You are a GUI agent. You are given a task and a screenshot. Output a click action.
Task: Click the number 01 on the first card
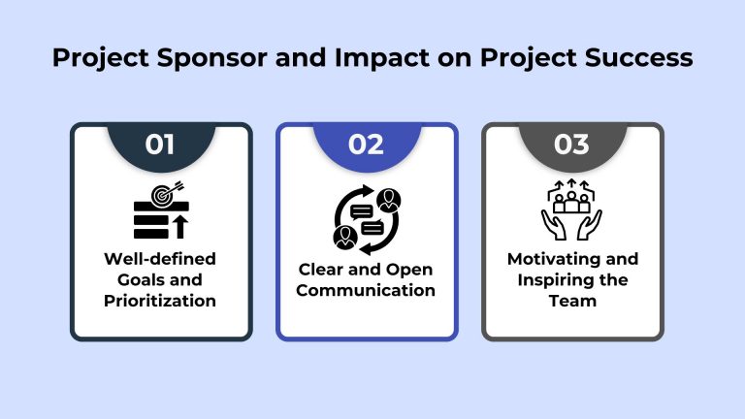160,145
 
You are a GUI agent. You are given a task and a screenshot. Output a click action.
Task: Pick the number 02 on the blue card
367,145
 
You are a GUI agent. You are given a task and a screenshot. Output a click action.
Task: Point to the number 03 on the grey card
571,145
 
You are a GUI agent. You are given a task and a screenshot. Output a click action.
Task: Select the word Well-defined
161,259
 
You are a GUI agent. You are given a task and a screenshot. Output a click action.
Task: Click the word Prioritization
161,300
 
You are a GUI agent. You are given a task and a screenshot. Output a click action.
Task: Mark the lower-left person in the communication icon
344,236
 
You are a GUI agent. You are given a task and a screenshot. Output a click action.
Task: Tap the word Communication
367,290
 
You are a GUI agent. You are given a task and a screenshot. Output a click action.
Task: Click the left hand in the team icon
552,224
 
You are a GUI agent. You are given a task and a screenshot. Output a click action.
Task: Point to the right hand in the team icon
591,224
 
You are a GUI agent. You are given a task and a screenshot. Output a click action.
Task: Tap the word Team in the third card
572,300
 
